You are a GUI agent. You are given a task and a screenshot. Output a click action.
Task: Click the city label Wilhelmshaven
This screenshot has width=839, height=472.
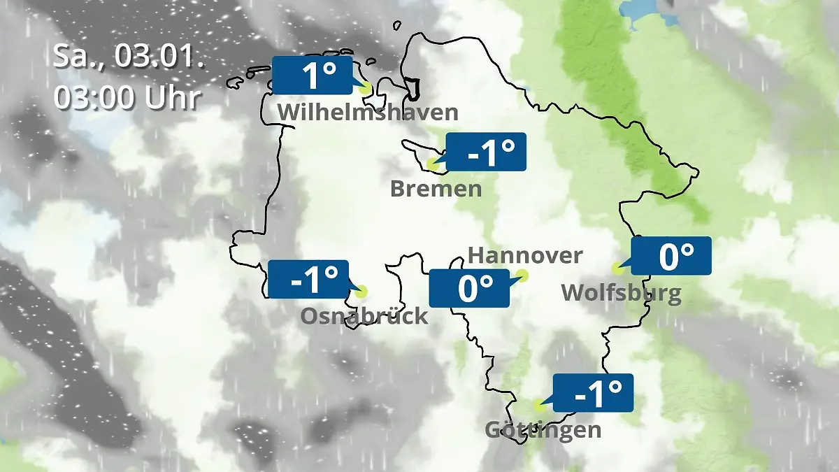(368, 113)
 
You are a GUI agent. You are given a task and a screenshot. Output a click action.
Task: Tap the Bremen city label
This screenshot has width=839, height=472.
(436, 189)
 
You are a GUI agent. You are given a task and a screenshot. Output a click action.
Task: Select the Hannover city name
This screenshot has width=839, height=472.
(524, 255)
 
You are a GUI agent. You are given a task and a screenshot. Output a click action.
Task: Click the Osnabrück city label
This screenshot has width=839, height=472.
(364, 316)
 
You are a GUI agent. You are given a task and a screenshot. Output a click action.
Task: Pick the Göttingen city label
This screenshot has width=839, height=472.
(543, 429)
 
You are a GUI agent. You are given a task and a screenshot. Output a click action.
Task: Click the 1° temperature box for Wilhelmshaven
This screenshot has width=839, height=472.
(312, 76)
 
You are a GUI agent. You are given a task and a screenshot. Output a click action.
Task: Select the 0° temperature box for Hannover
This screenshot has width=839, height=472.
(468, 287)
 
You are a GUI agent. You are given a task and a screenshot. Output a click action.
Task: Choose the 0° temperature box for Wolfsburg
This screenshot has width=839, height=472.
(671, 256)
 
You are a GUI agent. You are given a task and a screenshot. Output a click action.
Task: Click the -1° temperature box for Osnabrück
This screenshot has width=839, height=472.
(308, 279)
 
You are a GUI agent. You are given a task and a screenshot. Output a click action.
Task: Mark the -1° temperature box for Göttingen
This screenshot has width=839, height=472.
(594, 392)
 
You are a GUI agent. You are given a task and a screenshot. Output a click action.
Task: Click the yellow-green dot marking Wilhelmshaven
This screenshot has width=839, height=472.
(364, 89)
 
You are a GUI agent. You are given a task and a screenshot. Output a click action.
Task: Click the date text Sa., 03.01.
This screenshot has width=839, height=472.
(129, 56)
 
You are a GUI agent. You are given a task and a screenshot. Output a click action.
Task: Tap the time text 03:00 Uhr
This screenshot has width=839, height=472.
(129, 98)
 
